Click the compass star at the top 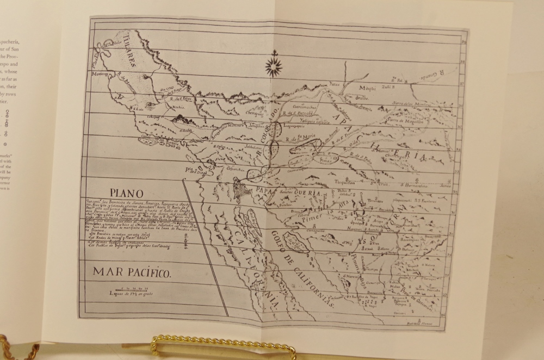click(x=274, y=66)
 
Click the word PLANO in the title click(x=126, y=193)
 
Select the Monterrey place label click(x=100, y=74)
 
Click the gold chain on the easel click(x=223, y=345)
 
